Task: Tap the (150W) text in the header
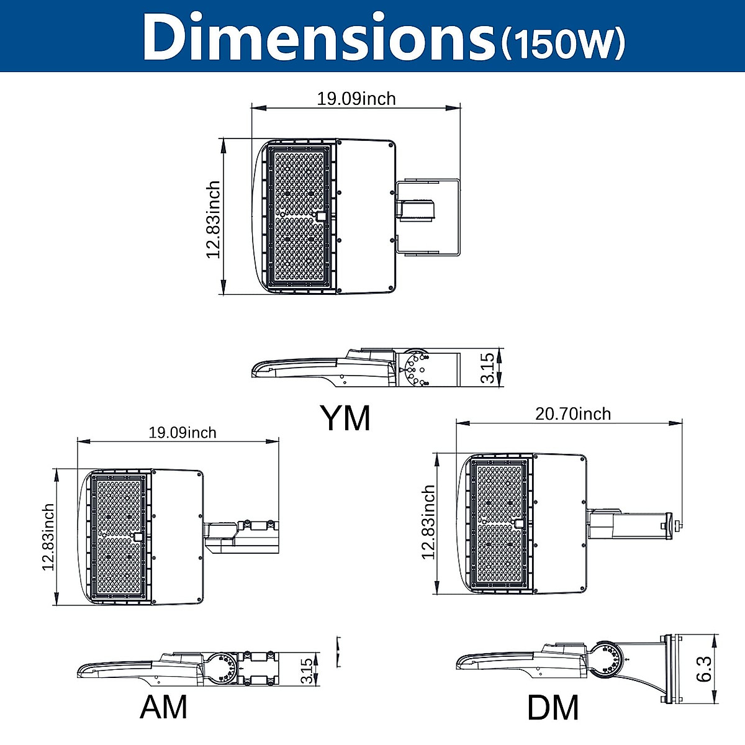pyautogui.click(x=562, y=42)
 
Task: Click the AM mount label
pyautogui.click(x=163, y=707)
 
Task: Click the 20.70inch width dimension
pyautogui.click(x=572, y=414)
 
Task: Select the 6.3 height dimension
pyautogui.click(x=704, y=669)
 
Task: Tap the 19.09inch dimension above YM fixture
pyautogui.click(x=356, y=99)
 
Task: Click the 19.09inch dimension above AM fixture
pyautogui.click(x=182, y=432)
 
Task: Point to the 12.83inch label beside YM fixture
pyautogui.click(x=214, y=219)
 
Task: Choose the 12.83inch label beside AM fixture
pyautogui.click(x=48, y=537)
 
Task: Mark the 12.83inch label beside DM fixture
pyautogui.click(x=428, y=522)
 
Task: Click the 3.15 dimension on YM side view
pyautogui.click(x=488, y=368)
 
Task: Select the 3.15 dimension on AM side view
pyautogui.click(x=306, y=671)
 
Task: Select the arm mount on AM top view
pyautogui.click(x=242, y=535)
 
